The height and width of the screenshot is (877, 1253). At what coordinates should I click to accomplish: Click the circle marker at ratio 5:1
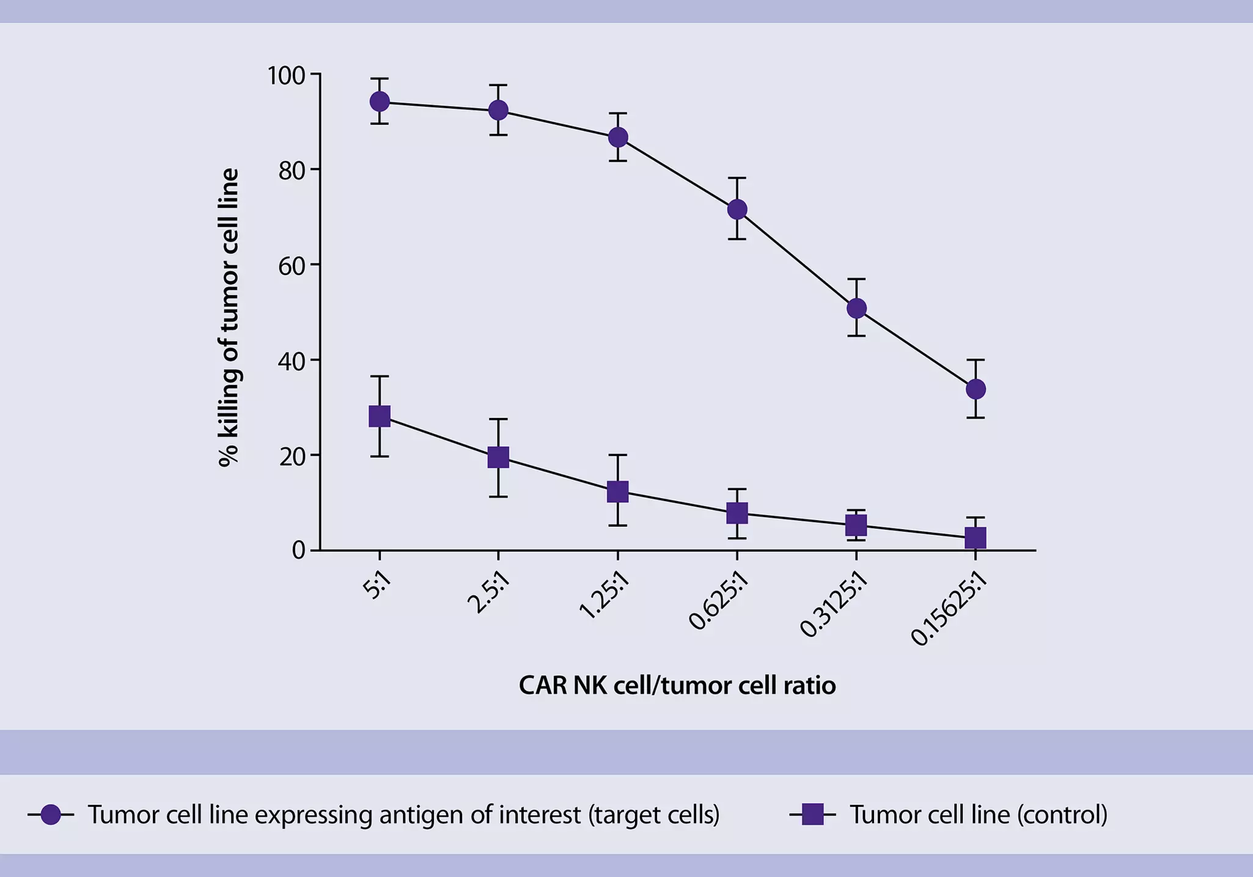[380, 101]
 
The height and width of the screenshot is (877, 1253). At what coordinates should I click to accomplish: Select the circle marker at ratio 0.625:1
[737, 210]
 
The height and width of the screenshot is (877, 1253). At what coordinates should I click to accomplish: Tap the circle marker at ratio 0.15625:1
[976, 389]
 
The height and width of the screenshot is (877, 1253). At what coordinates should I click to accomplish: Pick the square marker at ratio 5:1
[380, 416]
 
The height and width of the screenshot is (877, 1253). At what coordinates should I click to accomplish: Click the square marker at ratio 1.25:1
[618, 491]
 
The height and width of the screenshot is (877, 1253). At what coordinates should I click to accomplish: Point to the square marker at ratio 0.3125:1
[856, 525]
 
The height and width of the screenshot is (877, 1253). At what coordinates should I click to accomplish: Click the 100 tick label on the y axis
[286, 76]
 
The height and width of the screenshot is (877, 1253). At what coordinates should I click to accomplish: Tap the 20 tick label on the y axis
[292, 457]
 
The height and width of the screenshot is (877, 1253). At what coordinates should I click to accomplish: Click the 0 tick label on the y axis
[298, 551]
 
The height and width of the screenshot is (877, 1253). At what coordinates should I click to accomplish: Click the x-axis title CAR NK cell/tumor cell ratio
[677, 685]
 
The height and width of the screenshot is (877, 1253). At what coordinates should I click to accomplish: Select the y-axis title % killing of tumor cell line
[229, 318]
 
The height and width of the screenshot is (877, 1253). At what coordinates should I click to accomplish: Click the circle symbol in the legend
[51, 815]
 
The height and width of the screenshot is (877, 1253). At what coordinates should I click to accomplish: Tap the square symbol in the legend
[812, 815]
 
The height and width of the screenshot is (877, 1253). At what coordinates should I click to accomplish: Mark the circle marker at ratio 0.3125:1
[856, 308]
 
